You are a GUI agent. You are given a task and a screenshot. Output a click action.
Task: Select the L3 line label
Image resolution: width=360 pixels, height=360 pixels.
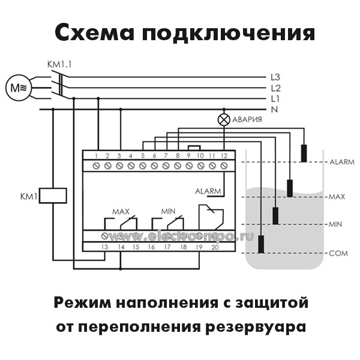point(275,77)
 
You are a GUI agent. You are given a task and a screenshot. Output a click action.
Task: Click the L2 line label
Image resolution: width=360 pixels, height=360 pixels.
point(275,88)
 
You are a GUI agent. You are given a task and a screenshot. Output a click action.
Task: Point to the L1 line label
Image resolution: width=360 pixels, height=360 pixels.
point(275,98)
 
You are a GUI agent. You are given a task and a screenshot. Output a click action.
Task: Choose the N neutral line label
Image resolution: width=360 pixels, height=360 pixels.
point(274,109)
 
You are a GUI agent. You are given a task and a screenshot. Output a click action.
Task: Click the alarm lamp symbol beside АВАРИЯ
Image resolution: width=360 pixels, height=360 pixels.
point(223,120)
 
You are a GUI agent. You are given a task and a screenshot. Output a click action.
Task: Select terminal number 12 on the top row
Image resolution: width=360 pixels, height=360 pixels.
point(223,156)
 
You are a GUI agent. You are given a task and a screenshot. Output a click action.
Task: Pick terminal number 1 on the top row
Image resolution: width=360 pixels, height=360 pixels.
point(96,156)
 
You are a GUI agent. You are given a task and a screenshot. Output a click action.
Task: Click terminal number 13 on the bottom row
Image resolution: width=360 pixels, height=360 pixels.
point(104,247)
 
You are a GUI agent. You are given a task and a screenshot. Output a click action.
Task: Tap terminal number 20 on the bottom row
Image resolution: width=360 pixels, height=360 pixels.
point(215,247)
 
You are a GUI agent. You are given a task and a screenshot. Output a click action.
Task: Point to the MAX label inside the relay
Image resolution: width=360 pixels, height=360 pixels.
point(121,211)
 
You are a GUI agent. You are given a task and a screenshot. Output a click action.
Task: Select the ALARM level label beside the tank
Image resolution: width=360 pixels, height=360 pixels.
point(342,162)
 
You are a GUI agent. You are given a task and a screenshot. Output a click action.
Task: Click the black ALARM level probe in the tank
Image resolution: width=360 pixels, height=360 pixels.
point(304,153)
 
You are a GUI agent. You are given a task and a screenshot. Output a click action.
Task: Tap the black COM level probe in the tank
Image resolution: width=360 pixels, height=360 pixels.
point(262,244)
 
